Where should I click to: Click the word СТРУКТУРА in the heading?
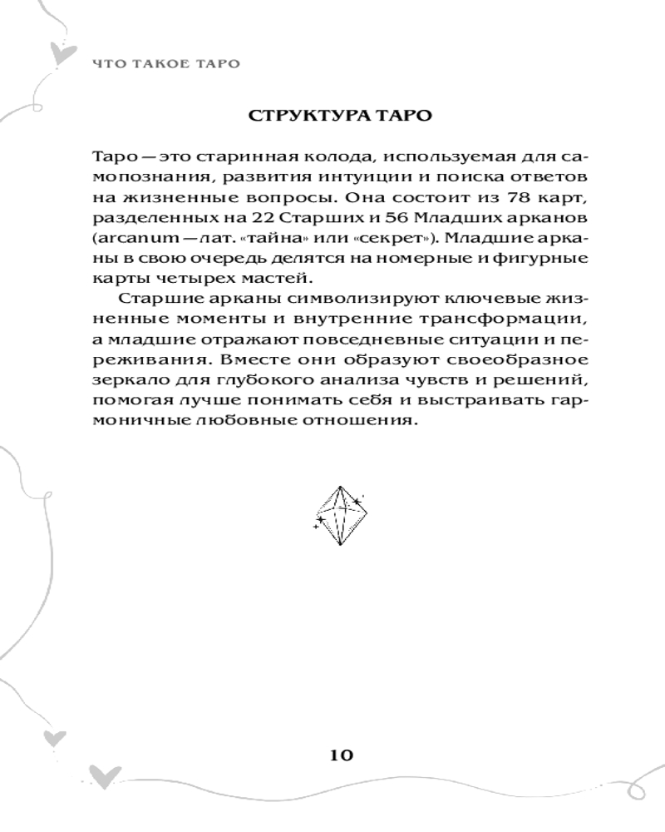(303, 115)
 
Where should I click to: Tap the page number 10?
(341, 755)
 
